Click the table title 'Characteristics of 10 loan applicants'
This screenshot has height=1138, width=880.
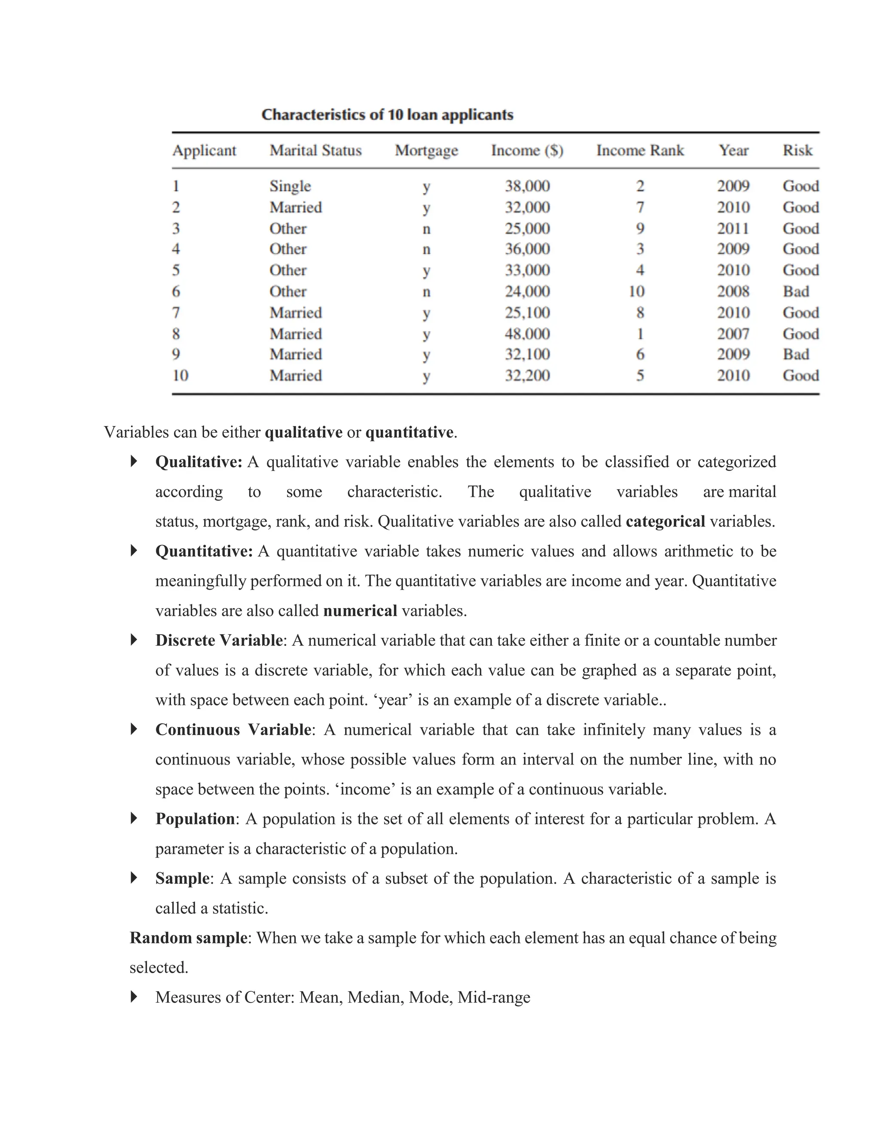[387, 115]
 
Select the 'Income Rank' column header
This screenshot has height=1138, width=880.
[640, 151]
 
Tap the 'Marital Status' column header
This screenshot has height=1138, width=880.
[315, 151]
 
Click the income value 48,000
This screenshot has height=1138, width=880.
[527, 334]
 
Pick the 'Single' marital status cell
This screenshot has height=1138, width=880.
[290, 186]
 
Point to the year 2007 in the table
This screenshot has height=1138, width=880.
[733, 334]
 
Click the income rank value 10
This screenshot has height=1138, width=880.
[636, 291]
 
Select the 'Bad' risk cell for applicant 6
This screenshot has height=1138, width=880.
[795, 291]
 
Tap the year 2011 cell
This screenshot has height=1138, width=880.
[733, 228]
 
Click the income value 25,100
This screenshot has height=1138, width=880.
[527, 313]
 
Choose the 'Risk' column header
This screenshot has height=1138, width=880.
[797, 151]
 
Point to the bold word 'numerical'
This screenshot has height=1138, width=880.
[360, 611]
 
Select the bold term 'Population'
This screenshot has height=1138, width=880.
[195, 819]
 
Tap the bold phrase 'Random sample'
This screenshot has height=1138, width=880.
[188, 938]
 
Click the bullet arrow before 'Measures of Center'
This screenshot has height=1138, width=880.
[134, 997]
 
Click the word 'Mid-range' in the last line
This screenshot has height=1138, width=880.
[494, 997]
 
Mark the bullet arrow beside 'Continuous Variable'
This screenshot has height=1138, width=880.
[134, 729]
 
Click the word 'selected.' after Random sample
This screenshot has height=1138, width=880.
[159, 968]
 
